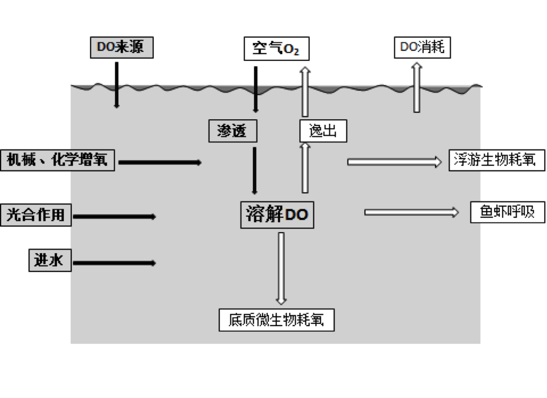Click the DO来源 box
tap(122, 47)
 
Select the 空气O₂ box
tap(276, 48)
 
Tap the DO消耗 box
tap(422, 47)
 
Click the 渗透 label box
tap(232, 131)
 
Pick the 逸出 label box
tap(323, 131)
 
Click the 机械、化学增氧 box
tap(58, 160)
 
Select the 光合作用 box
tap(36, 215)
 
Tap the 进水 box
tap(50, 261)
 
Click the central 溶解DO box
tap(277, 215)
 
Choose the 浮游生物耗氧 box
tap(497, 160)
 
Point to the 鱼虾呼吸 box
tap(508, 212)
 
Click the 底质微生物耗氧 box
tap(276, 320)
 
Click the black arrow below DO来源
tap(116, 85)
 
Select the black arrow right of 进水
tap(114, 263)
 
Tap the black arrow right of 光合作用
tap(114, 217)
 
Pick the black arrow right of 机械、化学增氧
tap(160, 163)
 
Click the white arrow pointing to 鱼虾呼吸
tap(411, 212)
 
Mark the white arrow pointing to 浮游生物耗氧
tap(394, 162)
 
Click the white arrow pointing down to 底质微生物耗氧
tap(281, 269)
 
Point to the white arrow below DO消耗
tap(417, 88)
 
